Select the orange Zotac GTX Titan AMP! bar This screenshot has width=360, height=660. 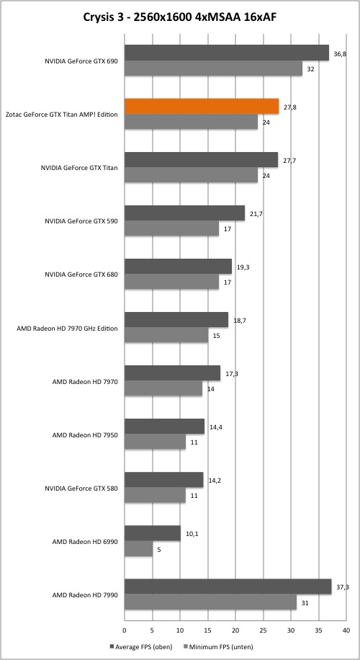(202, 106)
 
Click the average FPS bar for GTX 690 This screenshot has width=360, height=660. (227, 53)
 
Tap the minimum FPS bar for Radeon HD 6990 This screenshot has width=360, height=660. (138, 548)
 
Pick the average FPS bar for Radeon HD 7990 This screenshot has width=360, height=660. (228, 587)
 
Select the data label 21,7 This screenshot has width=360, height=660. (256, 214)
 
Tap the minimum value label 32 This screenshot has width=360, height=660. (311, 68)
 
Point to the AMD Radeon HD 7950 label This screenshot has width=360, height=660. (85, 434)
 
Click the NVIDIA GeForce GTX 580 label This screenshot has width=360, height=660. (81, 489)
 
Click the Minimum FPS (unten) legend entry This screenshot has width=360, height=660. (219, 646)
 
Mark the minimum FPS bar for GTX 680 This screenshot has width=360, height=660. (171, 282)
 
